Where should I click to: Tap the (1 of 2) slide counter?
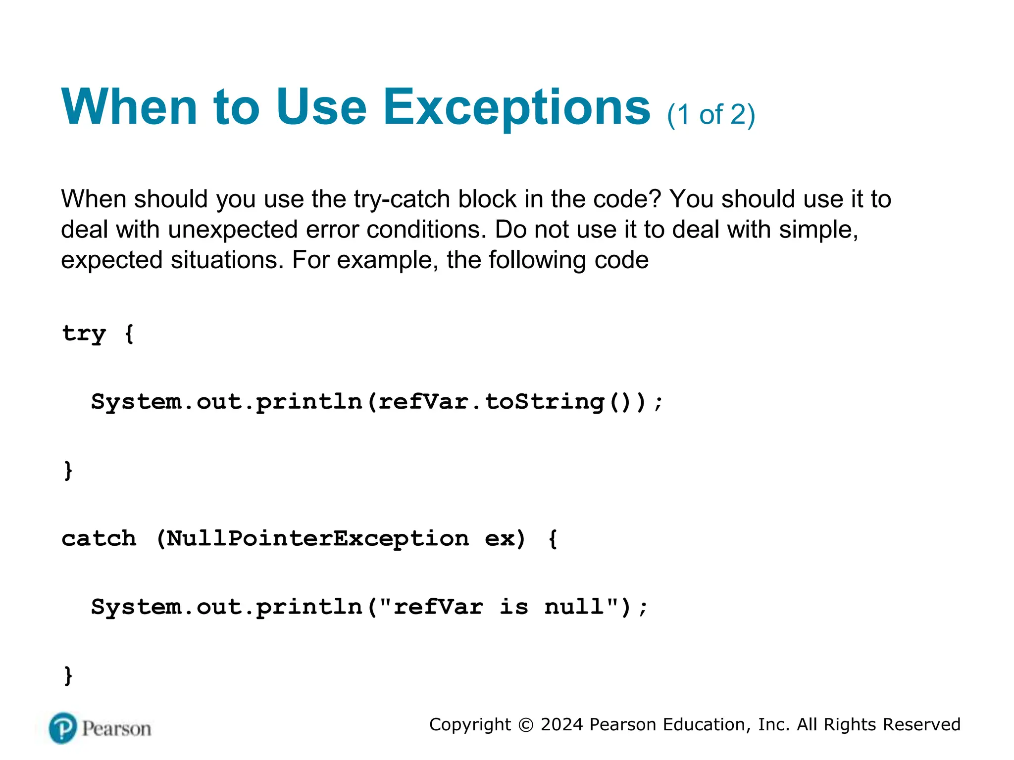click(x=711, y=115)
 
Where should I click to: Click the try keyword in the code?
click(x=84, y=333)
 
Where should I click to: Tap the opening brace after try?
click(x=129, y=333)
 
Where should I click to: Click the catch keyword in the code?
click(x=99, y=538)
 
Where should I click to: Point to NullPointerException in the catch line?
click(x=317, y=538)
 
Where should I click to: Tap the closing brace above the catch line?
click(x=68, y=470)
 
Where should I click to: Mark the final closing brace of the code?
click(x=68, y=675)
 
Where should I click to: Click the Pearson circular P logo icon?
click(x=63, y=728)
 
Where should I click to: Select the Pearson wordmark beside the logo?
click(x=116, y=729)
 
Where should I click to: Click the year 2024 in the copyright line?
click(x=561, y=724)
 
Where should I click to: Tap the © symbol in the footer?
click(x=526, y=725)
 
